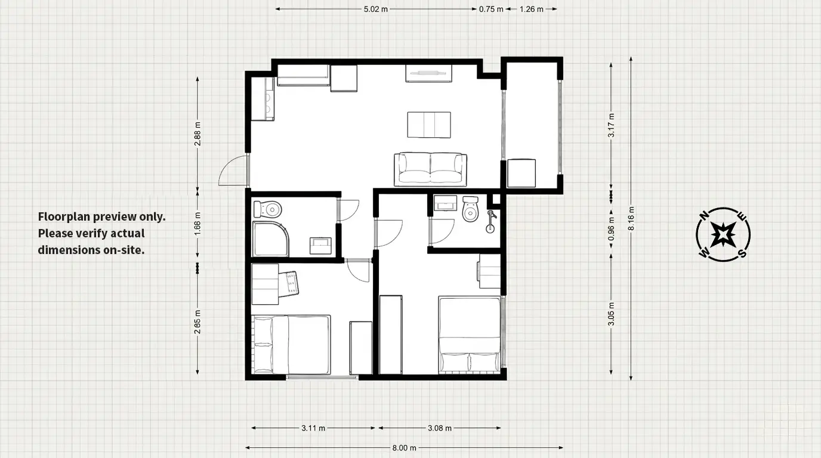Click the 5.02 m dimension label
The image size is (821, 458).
point(376,9)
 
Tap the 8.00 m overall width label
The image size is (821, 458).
point(405,448)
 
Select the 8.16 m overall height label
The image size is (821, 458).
point(631,219)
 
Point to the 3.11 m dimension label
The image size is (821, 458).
point(313,428)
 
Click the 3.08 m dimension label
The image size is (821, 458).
point(440,428)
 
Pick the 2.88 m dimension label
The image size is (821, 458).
point(197,134)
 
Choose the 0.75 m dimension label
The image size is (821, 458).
point(491,9)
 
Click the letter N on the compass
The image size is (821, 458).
point(704,216)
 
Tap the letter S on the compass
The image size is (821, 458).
point(742,253)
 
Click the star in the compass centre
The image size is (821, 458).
point(723,234)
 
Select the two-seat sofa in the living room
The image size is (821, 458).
point(430,169)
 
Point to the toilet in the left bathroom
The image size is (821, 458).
point(267,209)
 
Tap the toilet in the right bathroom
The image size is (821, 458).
point(470,209)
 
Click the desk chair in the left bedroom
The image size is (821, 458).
point(290,283)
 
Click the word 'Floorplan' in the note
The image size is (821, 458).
point(64,217)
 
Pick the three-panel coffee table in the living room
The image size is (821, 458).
point(429,125)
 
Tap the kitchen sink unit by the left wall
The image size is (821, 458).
point(263,99)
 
